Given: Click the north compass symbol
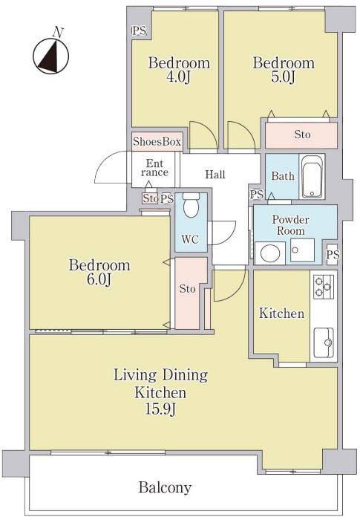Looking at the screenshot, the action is pos(51,54).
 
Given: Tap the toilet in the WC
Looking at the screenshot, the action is pos(191,205).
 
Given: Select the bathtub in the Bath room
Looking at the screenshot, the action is pos(312,176).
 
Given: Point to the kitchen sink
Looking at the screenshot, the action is pos(324,343).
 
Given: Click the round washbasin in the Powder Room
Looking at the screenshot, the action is pos(270,254).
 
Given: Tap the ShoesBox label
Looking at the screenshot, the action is pos(157,142).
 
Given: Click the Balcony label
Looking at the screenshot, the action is pos(165,487).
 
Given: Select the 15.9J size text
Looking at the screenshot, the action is pos(160,409).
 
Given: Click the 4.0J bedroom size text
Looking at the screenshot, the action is pos(179,77).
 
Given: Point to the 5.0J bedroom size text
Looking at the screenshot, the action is pos(284,77).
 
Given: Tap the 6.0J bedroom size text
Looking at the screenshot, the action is pos(99,279).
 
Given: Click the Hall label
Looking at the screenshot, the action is pos(215,175).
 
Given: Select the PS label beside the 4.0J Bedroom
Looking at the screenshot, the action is pos(140,31).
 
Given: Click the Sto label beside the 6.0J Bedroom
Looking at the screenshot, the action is pos(188,289).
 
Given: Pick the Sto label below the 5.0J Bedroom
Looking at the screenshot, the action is pos(302,134).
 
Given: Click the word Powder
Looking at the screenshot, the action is pos(290,220).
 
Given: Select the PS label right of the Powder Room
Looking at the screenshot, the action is pos(333,255).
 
